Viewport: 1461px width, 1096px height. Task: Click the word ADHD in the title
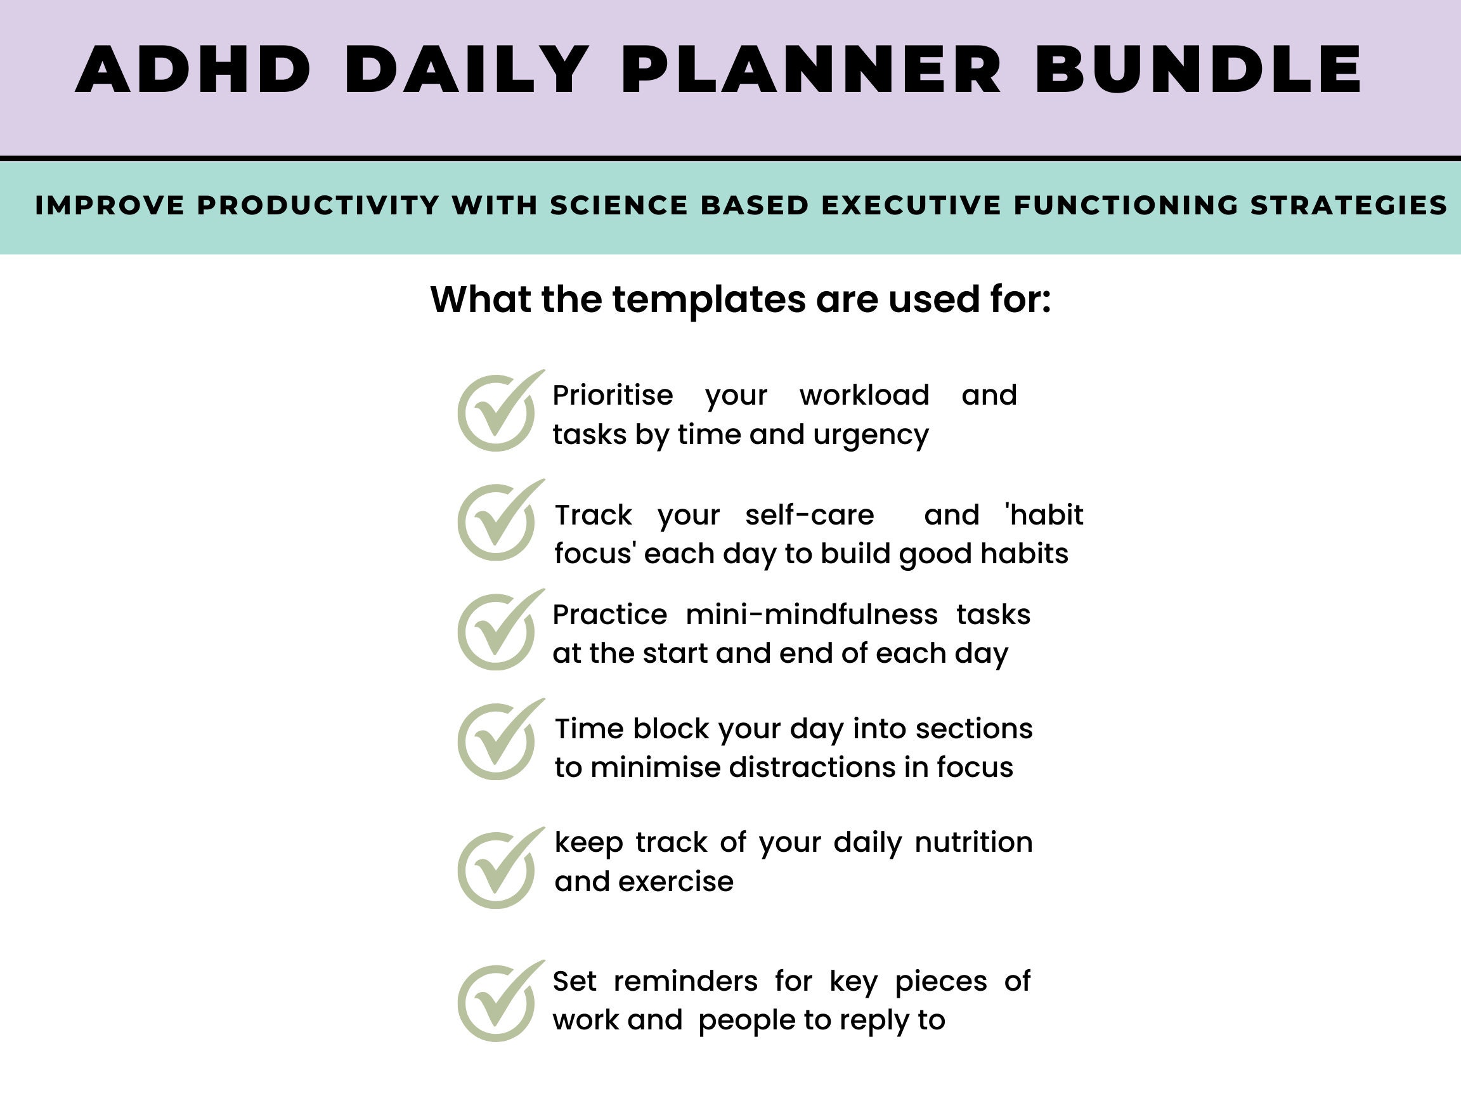coord(193,70)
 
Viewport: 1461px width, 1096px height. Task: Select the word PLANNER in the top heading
coord(812,70)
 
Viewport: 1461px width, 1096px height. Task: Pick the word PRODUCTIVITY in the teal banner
coord(318,205)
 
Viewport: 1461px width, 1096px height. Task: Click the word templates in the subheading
coord(709,299)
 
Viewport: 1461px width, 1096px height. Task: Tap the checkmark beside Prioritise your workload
coord(498,412)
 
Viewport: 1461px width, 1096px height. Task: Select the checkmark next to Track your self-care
coord(498,521)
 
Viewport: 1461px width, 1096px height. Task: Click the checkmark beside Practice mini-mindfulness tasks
coord(498,631)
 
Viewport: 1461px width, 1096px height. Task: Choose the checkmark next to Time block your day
coord(498,741)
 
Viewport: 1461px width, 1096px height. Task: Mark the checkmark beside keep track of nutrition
coord(498,869)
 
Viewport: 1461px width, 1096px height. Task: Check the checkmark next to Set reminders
coord(498,1002)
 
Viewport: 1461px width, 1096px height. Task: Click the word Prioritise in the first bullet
coord(613,395)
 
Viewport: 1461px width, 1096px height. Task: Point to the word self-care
coord(809,514)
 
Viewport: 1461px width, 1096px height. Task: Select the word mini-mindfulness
coord(812,615)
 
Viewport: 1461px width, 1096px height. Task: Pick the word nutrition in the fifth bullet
coord(973,842)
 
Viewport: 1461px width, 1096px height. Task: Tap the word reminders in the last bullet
coord(685,981)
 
